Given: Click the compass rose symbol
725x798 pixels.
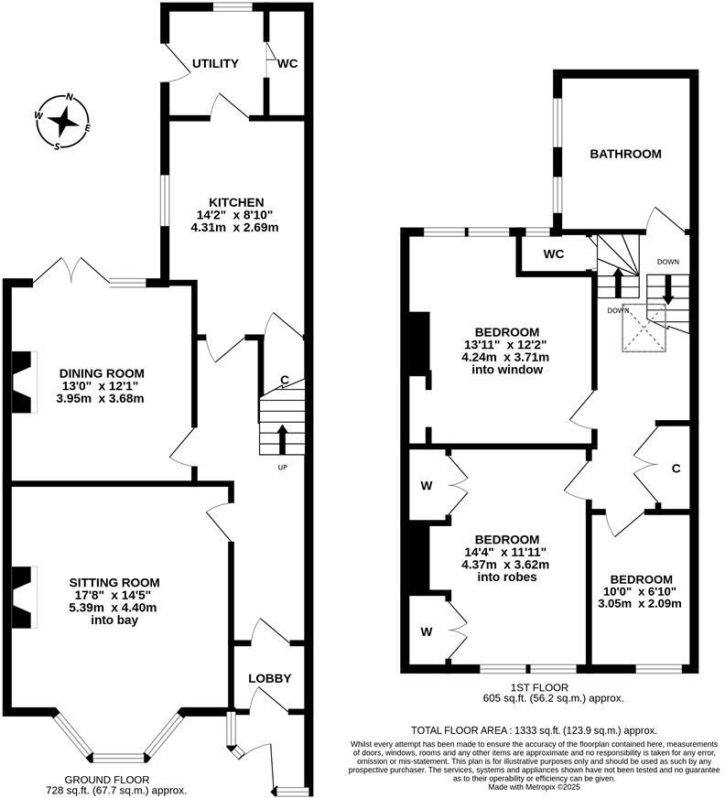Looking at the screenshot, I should (x=63, y=121).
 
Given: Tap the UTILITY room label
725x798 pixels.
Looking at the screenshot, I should (x=215, y=64).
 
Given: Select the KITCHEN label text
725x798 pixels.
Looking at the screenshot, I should (x=236, y=202).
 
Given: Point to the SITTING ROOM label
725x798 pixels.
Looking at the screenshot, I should (x=114, y=582).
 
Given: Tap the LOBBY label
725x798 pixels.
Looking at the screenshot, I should (x=270, y=678).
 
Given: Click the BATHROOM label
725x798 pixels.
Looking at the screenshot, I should (x=625, y=154).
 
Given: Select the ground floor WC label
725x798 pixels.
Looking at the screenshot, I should (x=287, y=64).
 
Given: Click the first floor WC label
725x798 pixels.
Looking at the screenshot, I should (x=554, y=253).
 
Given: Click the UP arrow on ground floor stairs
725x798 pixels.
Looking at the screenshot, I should (x=282, y=438).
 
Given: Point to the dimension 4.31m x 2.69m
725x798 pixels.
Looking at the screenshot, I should (x=236, y=228).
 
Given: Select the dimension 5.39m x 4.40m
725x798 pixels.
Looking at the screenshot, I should (x=114, y=608).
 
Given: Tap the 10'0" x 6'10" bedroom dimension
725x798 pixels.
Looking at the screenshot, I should (x=642, y=591).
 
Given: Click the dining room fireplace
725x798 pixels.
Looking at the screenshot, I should (x=23, y=382).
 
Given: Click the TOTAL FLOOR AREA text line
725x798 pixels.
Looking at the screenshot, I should (x=534, y=730).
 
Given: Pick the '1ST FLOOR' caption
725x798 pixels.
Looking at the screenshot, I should (x=540, y=686).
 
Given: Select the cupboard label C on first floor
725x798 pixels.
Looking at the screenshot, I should (x=676, y=469).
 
